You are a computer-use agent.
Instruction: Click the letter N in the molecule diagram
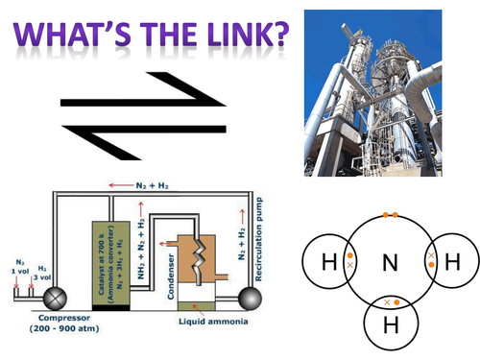390,261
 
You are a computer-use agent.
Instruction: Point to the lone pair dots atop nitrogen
389,215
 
